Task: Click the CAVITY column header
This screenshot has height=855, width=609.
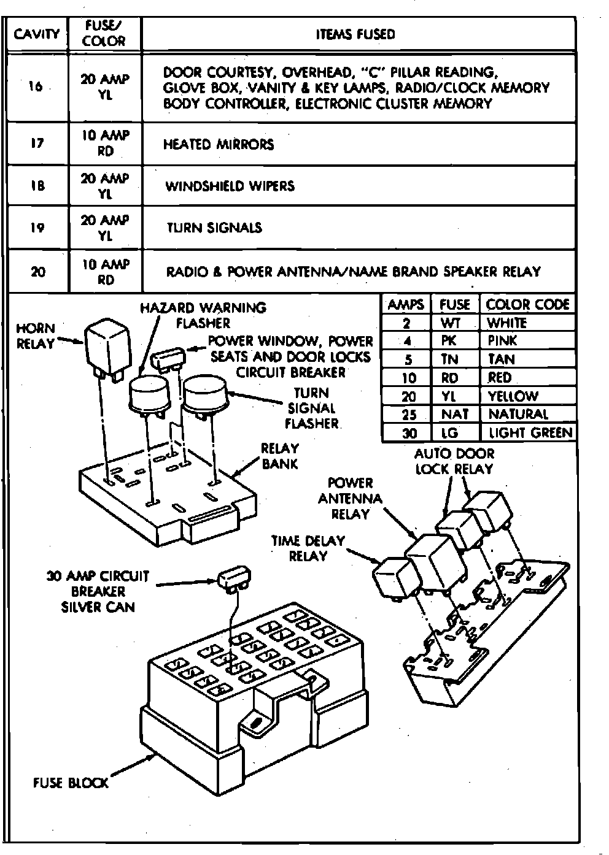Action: [36, 34]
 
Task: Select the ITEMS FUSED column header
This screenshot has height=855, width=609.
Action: [355, 34]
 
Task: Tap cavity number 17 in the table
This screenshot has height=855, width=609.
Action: [37, 144]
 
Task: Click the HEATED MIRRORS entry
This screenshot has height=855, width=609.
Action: [219, 145]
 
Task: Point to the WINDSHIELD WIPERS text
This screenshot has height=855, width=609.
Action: [230, 186]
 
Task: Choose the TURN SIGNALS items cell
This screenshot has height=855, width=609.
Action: [214, 228]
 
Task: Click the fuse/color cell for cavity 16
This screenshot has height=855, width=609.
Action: [105, 87]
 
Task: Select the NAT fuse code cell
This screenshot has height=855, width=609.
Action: [454, 415]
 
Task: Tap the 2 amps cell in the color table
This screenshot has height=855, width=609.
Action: [407, 323]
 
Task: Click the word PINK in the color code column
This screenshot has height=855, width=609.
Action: [502, 340]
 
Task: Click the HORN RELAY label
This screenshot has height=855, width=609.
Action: [36, 336]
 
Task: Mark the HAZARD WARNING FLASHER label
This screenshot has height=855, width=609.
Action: [203, 315]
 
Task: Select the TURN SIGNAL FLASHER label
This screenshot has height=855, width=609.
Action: [312, 408]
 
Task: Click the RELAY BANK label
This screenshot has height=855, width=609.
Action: [279, 456]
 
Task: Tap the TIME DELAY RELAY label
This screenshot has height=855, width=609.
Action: [308, 548]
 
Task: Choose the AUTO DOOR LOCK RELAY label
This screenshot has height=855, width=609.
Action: [454, 461]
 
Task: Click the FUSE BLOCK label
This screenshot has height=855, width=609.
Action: [71, 783]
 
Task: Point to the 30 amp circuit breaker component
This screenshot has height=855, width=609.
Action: [232, 580]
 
